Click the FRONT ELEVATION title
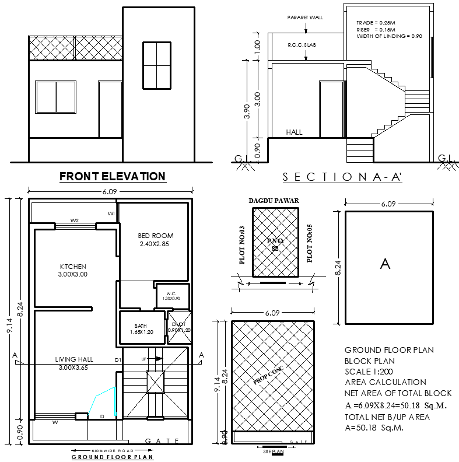[113, 176]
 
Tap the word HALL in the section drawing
[294, 132]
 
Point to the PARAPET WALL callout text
[304, 17]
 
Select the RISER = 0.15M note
[376, 29]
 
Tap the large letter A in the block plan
[384, 264]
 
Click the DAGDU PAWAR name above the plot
[274, 201]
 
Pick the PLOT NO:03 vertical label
[241, 244]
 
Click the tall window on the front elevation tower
[157, 65]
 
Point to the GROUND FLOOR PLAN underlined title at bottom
[112, 457]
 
